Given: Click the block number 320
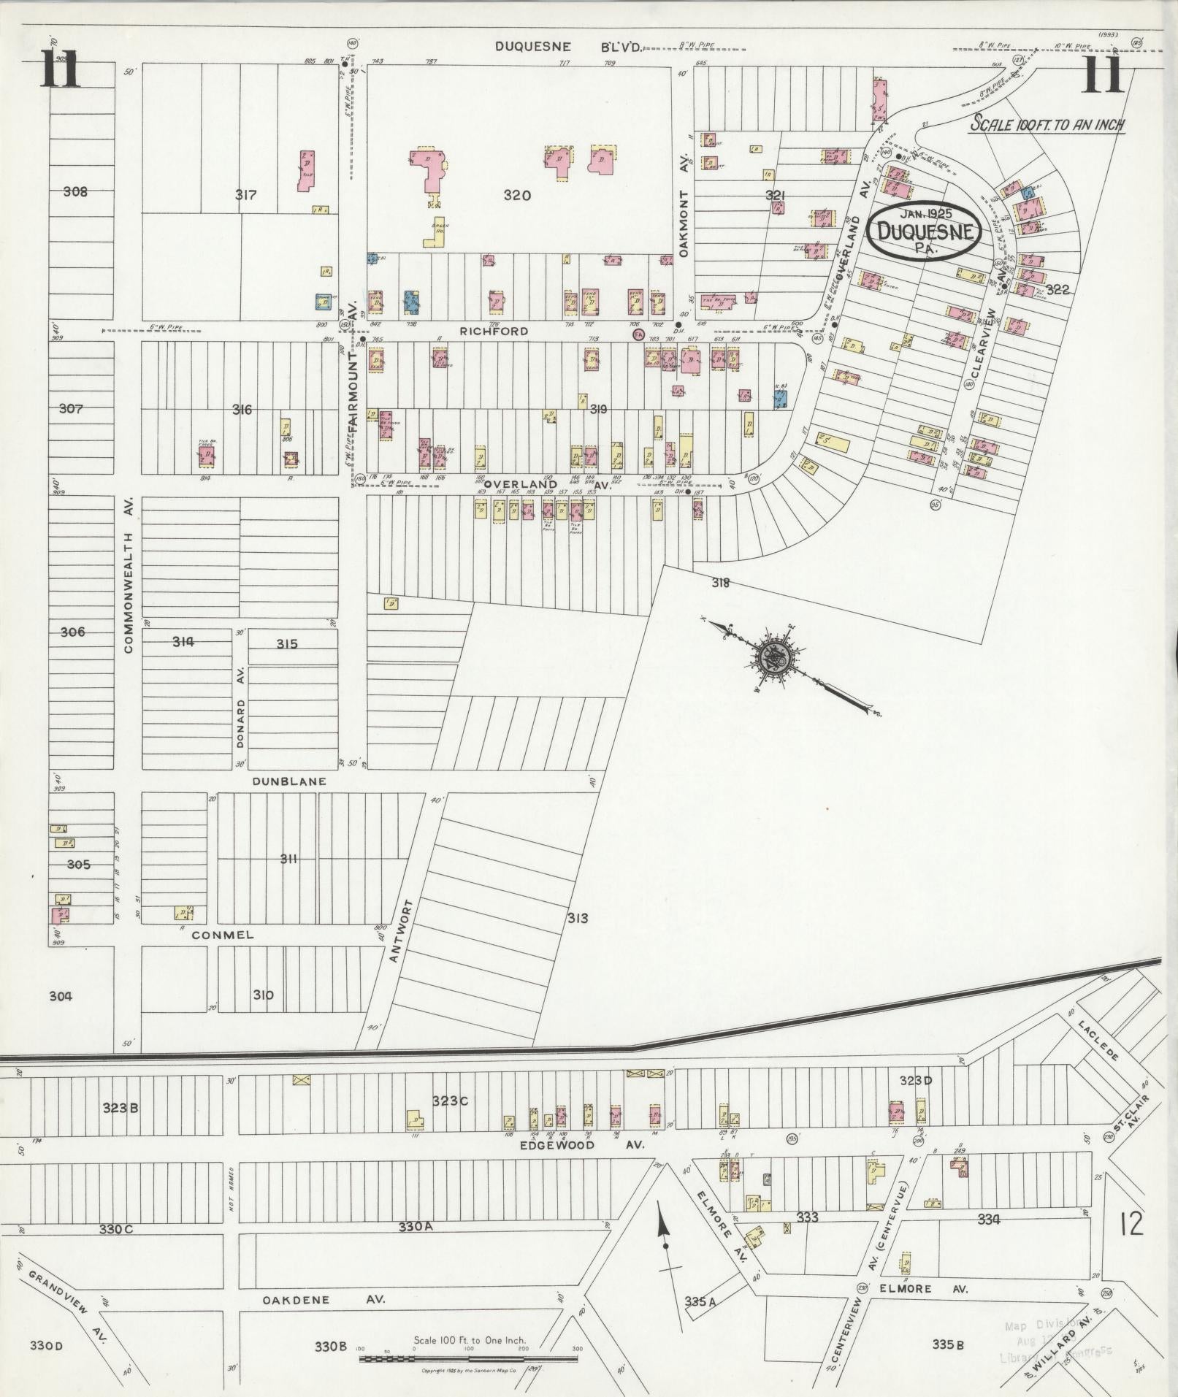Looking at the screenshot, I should pos(517,195).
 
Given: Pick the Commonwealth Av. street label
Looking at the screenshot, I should pos(129,575).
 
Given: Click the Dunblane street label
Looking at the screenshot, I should pos(289,781).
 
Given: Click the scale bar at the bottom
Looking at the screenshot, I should pos(467,1359).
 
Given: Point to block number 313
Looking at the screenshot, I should pos(577,918).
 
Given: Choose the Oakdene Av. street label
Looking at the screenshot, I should pos(322,1301).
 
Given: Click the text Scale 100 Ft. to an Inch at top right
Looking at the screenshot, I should pos(1047,125).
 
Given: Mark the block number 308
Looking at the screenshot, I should pos(75,192).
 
